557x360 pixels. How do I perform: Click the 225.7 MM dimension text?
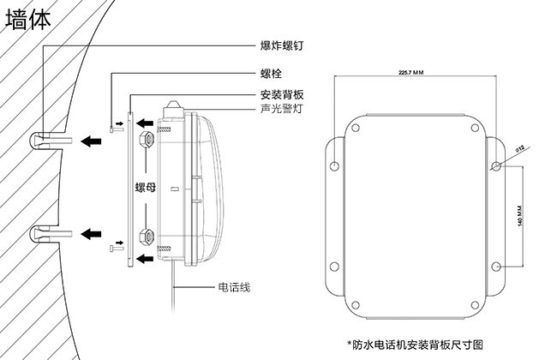click(411, 72)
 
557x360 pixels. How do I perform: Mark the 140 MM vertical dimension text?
click(520, 217)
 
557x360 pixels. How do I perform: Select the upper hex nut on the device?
click(146, 137)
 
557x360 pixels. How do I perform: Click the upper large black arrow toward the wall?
click(89, 140)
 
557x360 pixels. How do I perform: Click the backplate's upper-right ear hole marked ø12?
click(498, 165)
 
